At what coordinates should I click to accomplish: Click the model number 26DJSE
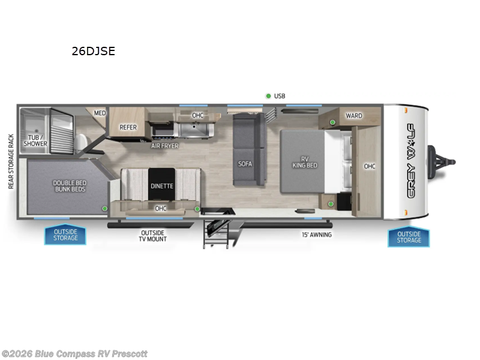point(93,52)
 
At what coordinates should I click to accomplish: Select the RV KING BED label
point(304,161)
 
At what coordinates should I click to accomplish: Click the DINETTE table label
point(161,186)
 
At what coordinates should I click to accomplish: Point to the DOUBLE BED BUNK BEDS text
point(69,185)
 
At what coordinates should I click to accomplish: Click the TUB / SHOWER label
point(35,140)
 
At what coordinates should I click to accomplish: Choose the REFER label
point(128,127)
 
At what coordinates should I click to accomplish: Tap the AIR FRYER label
point(164,146)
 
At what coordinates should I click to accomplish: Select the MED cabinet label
point(100,113)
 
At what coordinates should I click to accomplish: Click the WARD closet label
point(353,115)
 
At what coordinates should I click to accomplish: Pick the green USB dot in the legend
point(268,96)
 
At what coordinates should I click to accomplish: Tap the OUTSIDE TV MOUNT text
point(154,235)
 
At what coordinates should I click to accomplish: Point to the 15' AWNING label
point(316,235)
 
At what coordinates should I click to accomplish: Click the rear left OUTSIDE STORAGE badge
point(65,235)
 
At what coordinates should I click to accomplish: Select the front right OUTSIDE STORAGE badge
point(409,237)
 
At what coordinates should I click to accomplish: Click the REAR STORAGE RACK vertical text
point(10,161)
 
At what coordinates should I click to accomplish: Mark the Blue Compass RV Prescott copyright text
point(74,354)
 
